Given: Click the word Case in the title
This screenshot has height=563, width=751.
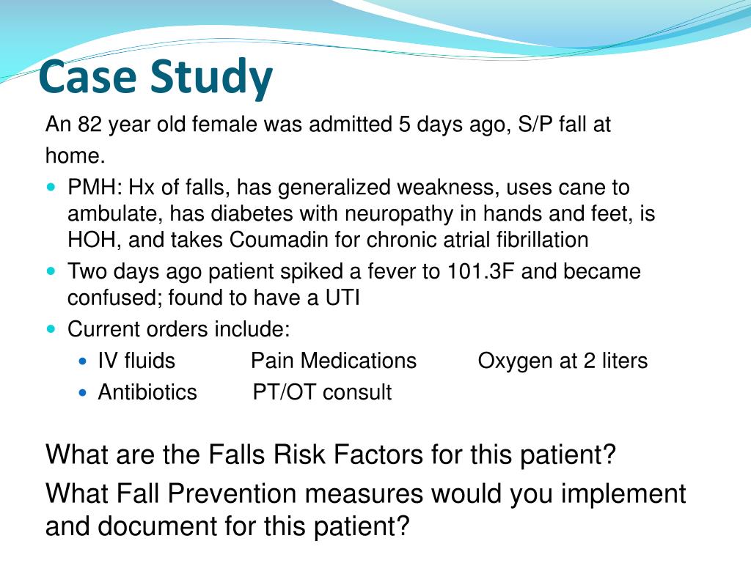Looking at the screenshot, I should point(89,78).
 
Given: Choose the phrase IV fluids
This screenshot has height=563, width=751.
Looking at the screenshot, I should point(136,361).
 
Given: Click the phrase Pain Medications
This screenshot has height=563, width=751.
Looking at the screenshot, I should point(334,361).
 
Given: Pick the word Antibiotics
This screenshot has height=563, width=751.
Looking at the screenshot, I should point(147,393).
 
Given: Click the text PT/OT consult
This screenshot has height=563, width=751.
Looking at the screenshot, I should point(322,393).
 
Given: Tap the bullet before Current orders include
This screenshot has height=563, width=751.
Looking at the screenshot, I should point(51,328).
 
